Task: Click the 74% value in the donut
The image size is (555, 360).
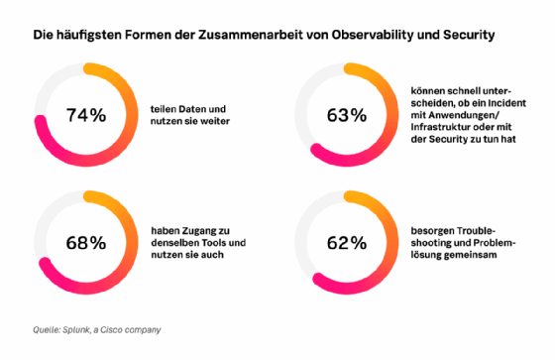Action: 84,115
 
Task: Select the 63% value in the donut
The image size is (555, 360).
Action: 346,115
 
